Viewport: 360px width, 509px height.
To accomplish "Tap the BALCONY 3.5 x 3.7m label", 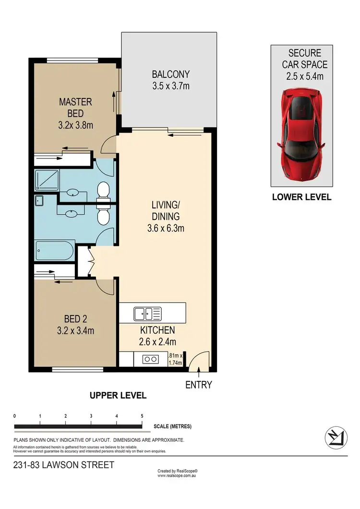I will pos(171,80).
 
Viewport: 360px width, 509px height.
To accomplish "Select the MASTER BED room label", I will pos(75,113).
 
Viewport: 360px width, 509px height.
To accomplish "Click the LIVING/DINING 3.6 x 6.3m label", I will pos(166,217).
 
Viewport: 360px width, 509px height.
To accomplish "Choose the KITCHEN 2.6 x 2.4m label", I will pos(157,336).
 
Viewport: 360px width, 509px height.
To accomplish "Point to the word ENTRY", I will pos(198,385).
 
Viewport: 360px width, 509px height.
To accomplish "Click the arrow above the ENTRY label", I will pos(198,370).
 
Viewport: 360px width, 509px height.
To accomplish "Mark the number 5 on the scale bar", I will pos(142,416).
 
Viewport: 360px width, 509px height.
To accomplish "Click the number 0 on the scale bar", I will pos(15,416).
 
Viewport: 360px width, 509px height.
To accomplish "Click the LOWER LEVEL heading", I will pos(301,197).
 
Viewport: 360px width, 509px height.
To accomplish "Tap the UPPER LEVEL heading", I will pos(118,396).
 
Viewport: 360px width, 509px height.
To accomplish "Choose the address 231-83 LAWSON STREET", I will pos(64,465).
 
